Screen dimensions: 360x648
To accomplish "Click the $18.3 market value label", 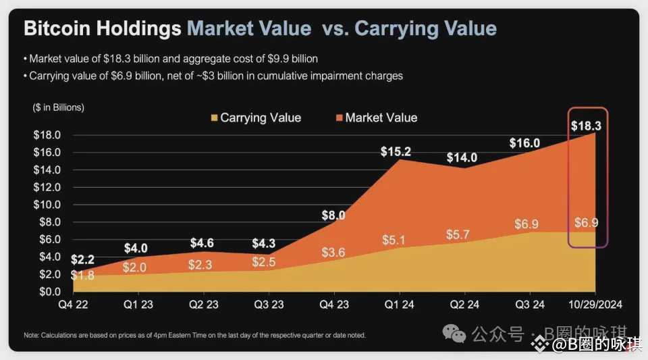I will [x=587, y=126].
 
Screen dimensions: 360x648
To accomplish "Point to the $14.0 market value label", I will [x=462, y=158].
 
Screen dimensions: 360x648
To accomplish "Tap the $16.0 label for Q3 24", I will [x=525, y=143].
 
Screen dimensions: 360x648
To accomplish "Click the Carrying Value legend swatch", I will [x=214, y=118].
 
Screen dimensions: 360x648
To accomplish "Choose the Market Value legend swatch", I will [x=338, y=118].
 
